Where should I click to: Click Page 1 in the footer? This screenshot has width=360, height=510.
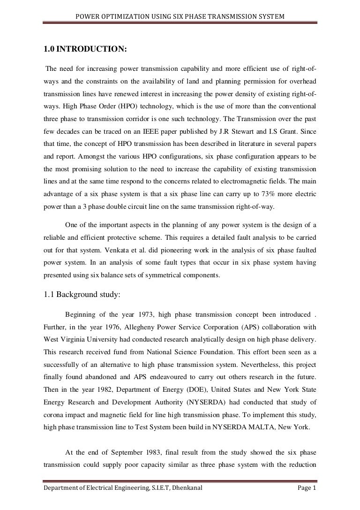pos(307,501)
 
